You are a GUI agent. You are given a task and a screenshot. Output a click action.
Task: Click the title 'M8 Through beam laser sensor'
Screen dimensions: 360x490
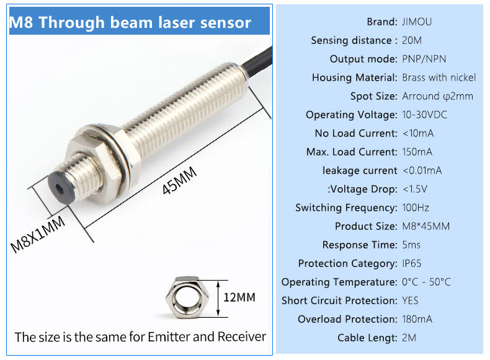point(130,22)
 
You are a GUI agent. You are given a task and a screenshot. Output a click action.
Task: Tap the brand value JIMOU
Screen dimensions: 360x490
point(417,22)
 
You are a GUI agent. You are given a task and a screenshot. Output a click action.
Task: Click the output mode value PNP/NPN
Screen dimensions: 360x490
point(424,59)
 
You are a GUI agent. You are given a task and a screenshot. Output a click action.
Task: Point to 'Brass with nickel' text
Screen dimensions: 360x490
point(439,77)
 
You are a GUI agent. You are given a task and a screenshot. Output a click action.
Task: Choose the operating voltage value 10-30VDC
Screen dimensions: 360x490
point(424,115)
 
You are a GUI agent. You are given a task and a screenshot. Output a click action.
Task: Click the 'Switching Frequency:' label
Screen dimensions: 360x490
point(346,208)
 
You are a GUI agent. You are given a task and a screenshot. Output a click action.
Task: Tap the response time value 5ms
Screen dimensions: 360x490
point(411,245)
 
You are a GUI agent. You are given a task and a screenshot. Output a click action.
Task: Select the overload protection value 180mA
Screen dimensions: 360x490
point(417,319)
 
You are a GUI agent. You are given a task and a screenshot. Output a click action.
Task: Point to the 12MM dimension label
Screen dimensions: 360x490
point(239,297)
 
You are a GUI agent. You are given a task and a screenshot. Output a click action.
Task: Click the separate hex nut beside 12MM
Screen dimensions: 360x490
point(187,297)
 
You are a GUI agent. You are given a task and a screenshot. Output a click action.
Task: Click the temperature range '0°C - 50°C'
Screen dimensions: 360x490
point(426,282)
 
